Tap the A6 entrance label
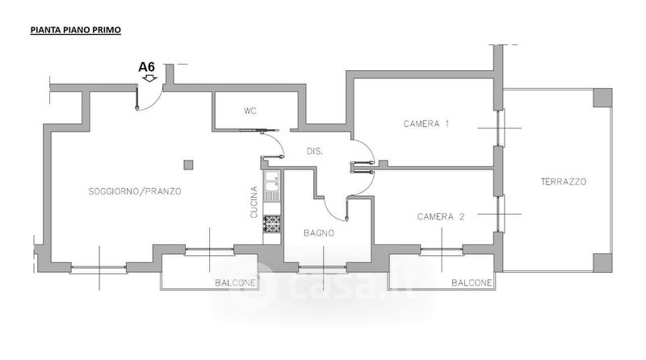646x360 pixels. pos(147,68)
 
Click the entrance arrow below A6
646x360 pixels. pos(148,79)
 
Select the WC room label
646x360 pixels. pos(250,111)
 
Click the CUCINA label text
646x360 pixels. pos(254,199)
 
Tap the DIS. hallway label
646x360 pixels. pos(316,151)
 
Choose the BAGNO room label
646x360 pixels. pos(319,232)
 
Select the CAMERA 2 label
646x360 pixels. pos(442,216)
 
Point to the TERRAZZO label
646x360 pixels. pos(563,182)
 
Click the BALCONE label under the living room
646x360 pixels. pos(236,283)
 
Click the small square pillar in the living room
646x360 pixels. pos(188,165)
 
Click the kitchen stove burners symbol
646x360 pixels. pos(272,224)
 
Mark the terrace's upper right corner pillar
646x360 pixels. pos(602,98)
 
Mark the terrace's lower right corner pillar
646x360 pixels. pos(602,263)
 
